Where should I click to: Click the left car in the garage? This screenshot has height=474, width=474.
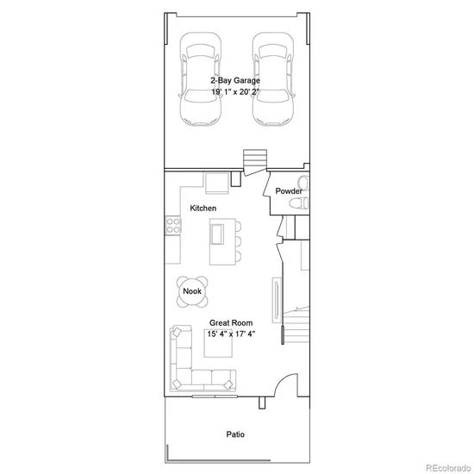tap(200, 79)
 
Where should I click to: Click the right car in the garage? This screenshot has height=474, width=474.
tap(273, 79)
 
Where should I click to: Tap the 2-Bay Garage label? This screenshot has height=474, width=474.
tap(235, 80)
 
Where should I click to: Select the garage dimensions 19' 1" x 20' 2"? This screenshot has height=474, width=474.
tap(235, 91)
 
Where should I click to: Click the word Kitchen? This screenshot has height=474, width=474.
tap(203, 208)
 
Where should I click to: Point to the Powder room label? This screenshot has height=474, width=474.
tap(289, 191)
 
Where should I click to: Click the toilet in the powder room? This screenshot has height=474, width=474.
tap(299, 203)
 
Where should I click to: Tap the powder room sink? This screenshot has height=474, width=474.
tap(303, 183)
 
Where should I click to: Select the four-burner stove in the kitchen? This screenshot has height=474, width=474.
tap(173, 226)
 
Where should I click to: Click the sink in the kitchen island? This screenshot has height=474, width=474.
tap(216, 234)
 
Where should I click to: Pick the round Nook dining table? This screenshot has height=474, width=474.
tap(192, 291)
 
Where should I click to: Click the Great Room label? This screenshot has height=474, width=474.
tap(231, 323)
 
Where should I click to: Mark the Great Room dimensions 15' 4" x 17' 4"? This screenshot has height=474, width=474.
tap(231, 334)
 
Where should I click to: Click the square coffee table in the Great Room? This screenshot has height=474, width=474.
tap(218, 343)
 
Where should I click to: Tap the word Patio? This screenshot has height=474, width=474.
tap(235, 434)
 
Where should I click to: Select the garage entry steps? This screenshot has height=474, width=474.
tap(255, 159)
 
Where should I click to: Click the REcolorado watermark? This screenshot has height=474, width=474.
tap(448, 468)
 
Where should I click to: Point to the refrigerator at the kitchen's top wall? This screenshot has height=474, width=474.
tap(216, 184)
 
